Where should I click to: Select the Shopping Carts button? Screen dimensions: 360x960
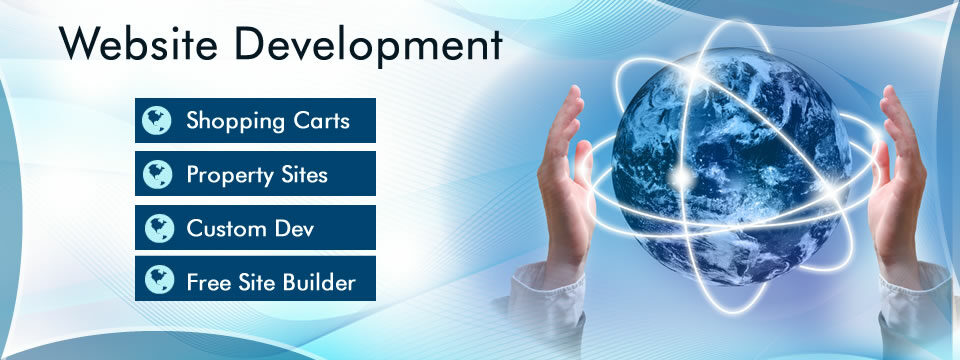pos(255,120)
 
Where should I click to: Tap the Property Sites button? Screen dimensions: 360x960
pos(255,174)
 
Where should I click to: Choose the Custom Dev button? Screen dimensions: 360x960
pos(255,227)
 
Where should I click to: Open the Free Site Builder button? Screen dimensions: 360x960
pos(255,281)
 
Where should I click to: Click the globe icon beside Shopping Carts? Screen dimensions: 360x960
pos(157,121)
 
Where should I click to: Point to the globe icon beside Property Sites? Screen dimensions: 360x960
pos(157,175)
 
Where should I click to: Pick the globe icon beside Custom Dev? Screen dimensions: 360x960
pos(157,228)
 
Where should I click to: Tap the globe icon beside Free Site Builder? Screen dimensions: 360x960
pos(157,282)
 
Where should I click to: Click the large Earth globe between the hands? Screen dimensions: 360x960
pos(730,160)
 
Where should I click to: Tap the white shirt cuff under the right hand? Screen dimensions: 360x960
pos(915,300)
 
